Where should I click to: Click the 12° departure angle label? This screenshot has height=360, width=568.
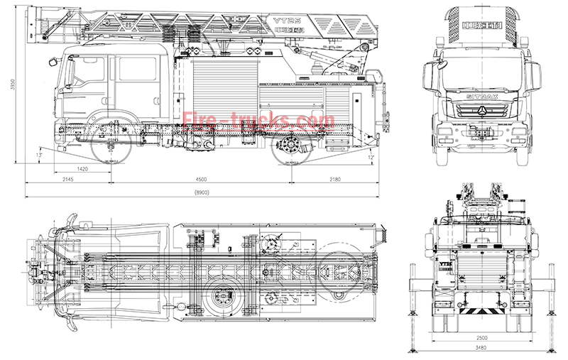click(371, 156)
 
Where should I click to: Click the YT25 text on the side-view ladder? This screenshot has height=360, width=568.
click(284, 21)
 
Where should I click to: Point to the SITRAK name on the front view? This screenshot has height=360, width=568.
click(481, 94)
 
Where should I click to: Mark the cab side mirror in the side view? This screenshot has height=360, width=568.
click(53, 62)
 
